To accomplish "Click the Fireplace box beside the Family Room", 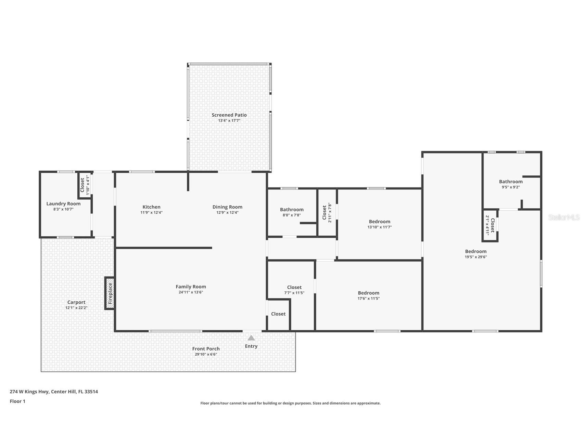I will [110, 293].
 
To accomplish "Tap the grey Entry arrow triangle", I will [251, 338].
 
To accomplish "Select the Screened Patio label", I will [229, 115].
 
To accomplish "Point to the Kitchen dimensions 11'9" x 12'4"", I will [151, 212].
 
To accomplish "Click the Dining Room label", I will [227, 207].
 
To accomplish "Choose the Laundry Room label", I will [63, 203].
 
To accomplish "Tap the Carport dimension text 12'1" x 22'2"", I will [76, 308].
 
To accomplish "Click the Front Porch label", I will [206, 349].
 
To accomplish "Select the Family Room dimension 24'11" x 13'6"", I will [191, 292].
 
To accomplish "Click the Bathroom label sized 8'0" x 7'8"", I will [292, 210].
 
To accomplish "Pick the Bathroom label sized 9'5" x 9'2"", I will [510, 182].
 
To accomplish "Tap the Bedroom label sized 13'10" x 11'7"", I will [379, 222].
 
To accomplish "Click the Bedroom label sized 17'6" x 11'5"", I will [368, 293].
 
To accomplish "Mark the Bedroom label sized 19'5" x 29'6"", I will [476, 251].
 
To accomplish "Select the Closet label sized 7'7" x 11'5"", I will [294, 288].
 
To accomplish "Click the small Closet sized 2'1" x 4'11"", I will [490, 225].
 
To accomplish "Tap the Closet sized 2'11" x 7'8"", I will [327, 214].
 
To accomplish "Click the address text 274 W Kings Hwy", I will [54, 392].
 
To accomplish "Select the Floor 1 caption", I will [17, 401].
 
